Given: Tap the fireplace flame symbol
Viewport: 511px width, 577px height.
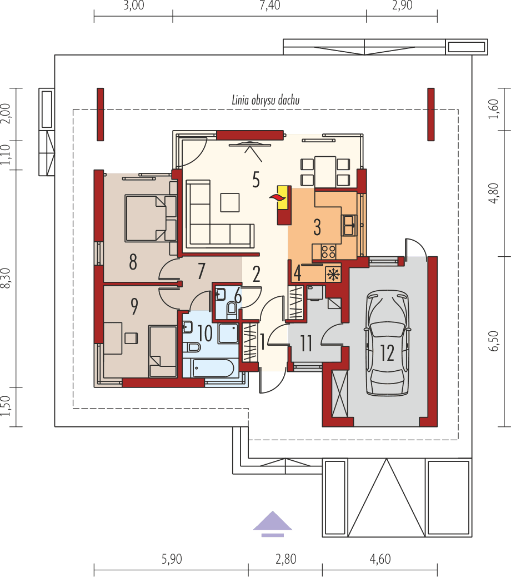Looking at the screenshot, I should [x=276, y=197].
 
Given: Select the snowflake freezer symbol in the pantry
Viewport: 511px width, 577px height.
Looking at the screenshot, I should [x=333, y=274].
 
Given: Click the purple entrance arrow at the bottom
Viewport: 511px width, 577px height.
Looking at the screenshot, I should [x=272, y=524].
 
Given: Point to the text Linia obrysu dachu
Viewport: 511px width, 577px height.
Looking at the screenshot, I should [x=265, y=101].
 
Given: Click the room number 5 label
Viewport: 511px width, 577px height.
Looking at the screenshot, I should [x=256, y=180].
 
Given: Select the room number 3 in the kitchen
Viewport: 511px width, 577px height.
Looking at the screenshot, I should [x=317, y=227].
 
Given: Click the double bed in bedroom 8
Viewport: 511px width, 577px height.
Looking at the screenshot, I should [x=146, y=217].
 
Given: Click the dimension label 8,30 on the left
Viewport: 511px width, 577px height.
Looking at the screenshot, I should [x=7, y=277].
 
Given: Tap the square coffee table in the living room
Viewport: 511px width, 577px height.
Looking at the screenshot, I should [x=231, y=202].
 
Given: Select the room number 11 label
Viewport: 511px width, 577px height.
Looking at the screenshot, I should [x=306, y=344].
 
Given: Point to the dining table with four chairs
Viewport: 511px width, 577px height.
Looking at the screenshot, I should [x=325, y=172].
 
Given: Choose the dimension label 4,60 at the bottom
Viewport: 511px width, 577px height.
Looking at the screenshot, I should [x=380, y=559].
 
